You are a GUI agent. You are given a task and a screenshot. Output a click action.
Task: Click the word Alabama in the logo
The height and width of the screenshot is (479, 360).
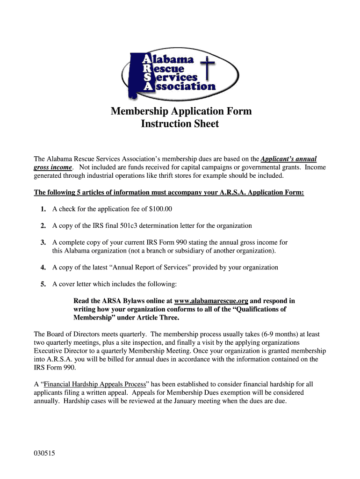173,59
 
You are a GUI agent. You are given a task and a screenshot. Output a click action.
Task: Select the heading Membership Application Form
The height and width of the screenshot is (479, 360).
181,111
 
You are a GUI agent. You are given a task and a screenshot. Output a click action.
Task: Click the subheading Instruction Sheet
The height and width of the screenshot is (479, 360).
180,124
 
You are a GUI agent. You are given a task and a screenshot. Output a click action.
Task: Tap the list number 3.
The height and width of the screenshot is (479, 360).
43,242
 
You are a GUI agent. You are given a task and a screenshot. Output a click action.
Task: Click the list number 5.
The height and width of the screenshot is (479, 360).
43,284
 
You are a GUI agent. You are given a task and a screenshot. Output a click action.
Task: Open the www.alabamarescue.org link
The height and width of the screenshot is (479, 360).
211,301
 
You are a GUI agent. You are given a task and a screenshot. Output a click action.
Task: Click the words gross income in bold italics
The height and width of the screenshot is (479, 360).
53,167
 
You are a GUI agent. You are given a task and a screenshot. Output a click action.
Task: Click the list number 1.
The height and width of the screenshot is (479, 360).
43,209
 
